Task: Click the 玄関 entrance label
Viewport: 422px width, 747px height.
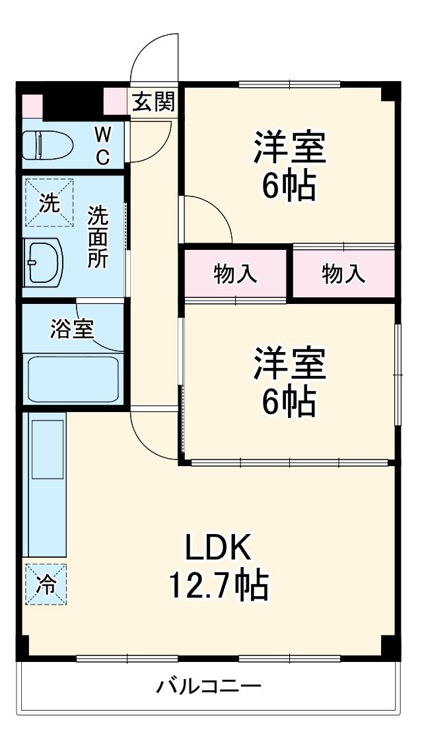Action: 154,102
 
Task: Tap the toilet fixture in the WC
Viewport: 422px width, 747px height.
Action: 50,145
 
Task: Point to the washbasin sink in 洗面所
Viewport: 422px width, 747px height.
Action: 44,262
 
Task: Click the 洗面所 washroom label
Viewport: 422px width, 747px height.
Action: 98,237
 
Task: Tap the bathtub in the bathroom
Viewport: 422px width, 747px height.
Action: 73,378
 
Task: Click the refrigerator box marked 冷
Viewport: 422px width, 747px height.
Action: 46,584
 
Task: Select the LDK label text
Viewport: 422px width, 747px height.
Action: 218,547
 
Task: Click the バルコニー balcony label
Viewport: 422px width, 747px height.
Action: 209,687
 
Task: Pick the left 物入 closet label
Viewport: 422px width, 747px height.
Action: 235,274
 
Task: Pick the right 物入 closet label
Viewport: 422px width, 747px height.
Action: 343,274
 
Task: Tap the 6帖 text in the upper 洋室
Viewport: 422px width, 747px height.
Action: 289,187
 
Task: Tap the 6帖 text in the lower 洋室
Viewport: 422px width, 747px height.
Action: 289,402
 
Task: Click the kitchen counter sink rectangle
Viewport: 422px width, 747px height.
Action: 48,448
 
